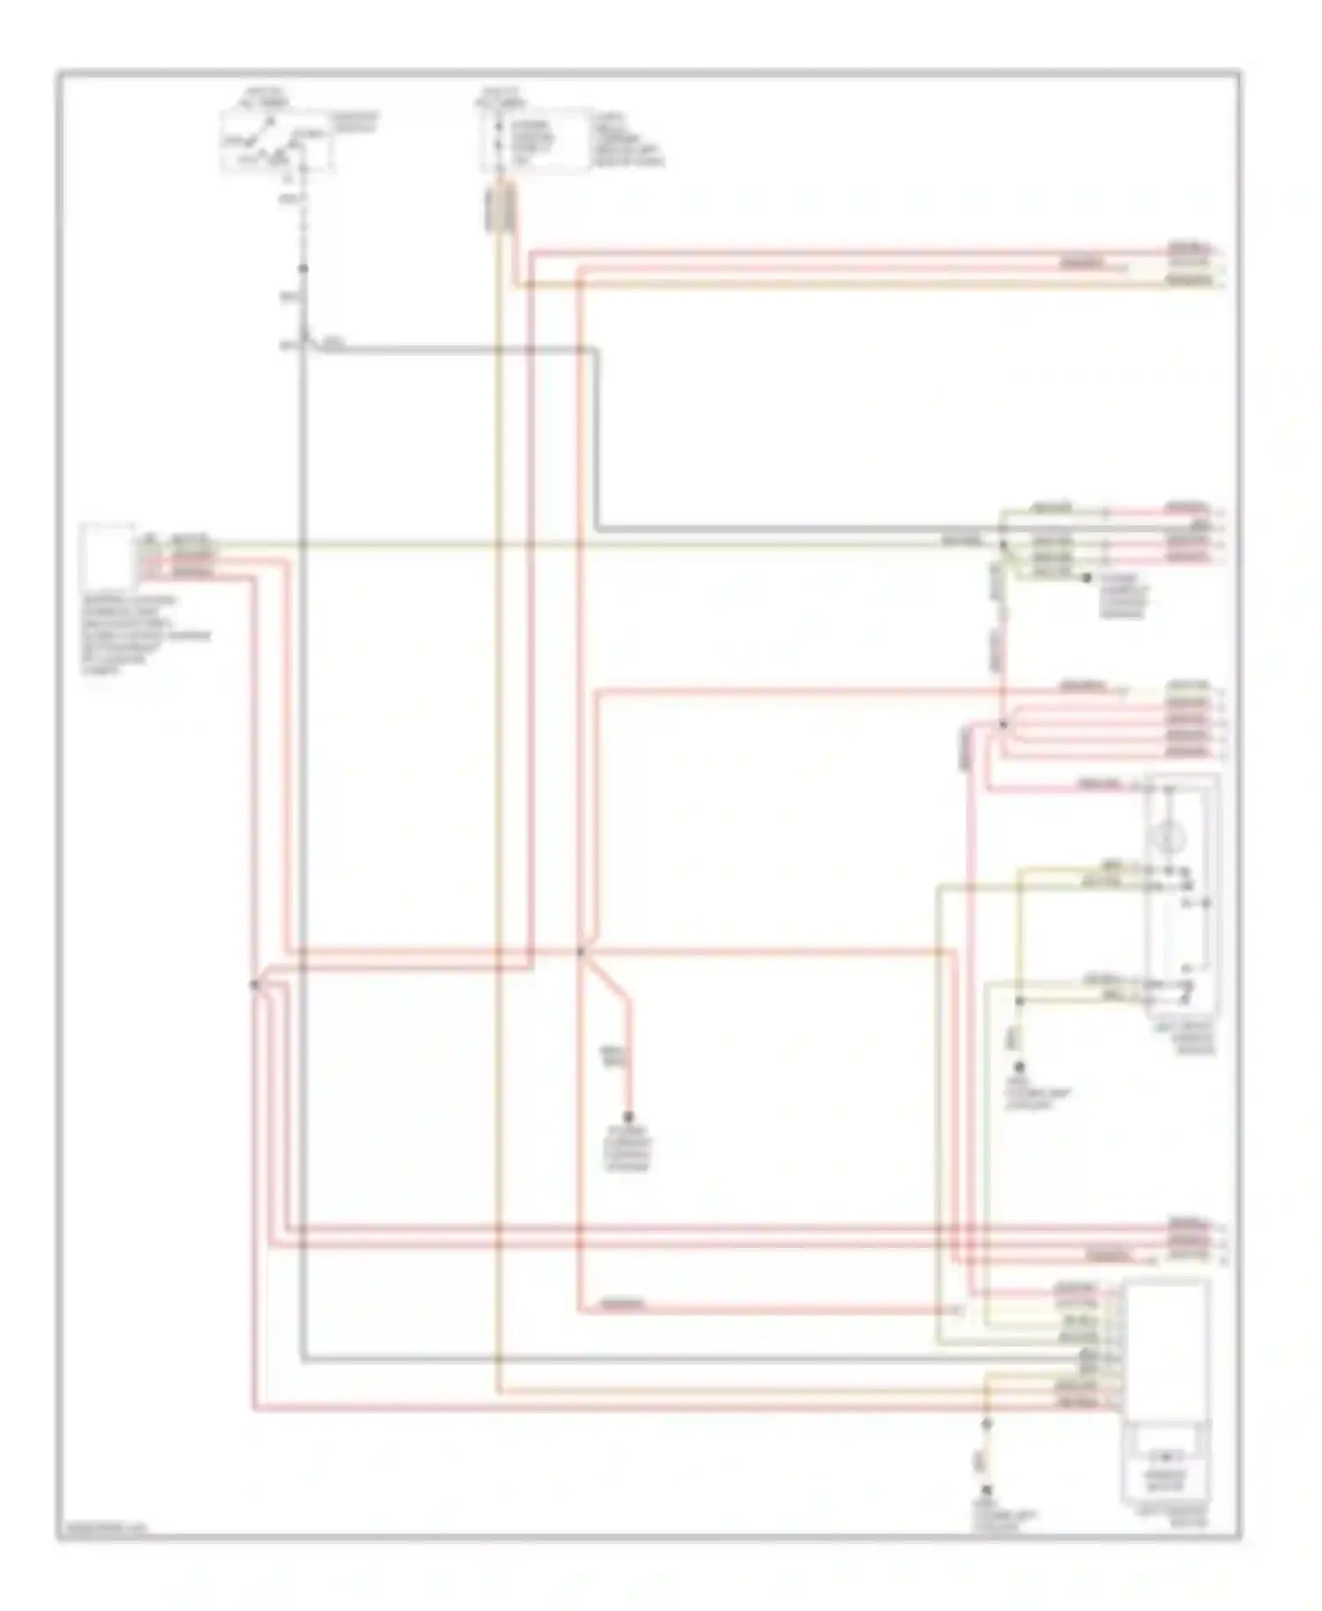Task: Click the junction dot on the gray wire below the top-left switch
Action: click(303, 268)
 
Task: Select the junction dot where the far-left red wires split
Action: click(254, 984)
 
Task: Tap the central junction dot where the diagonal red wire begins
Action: click(581, 953)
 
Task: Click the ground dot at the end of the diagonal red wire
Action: click(629, 1115)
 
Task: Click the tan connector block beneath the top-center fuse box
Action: click(500, 210)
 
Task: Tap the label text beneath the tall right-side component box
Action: click(1186, 1039)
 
